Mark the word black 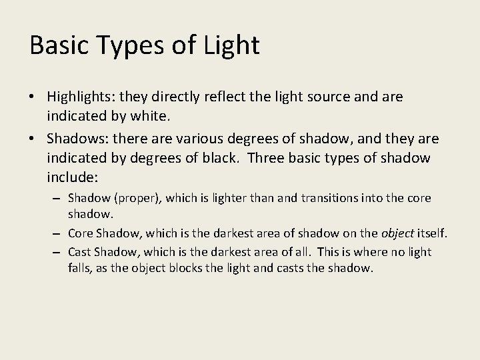205,159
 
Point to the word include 70,178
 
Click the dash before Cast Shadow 58,253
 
